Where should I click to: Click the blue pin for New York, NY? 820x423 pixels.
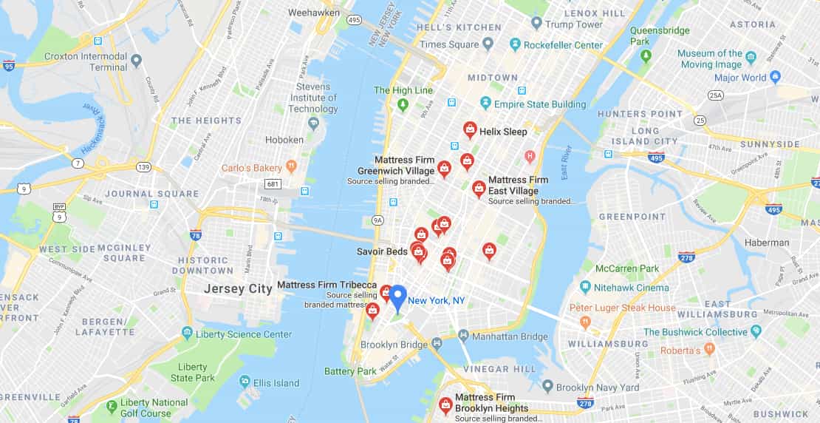pos(397,297)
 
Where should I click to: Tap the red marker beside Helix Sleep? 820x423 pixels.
pos(470,130)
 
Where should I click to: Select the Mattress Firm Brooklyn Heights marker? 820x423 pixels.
pos(445,405)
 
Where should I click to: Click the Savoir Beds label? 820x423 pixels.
pos(382,251)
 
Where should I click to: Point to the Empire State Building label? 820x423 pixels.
pos(539,104)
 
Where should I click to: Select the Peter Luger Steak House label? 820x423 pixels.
pos(622,308)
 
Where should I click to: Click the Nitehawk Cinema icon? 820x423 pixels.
pos(585,287)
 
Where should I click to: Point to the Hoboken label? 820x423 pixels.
pos(284,140)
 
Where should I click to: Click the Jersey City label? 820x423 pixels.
pos(238,289)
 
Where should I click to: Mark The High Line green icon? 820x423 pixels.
pos(403,105)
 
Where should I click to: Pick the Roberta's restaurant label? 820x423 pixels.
pos(680,351)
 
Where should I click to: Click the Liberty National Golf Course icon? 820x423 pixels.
pos(112,405)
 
